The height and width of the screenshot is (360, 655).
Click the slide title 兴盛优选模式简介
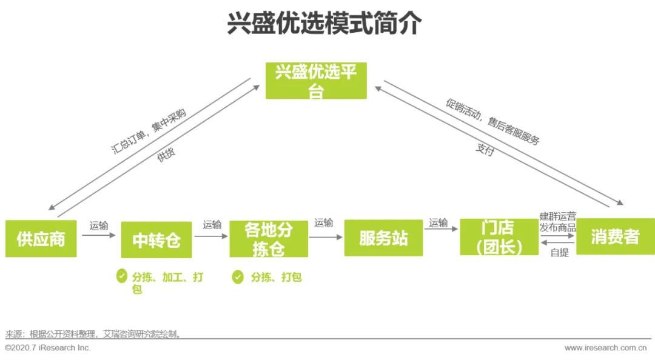(x=324, y=24)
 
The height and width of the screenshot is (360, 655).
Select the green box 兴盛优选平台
(x=316, y=81)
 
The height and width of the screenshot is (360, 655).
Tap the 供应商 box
(x=41, y=238)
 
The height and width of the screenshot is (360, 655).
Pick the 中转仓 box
(x=156, y=240)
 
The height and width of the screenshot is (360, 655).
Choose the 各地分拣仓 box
(x=269, y=238)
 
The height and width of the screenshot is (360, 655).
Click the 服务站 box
(x=383, y=238)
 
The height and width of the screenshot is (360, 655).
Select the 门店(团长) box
(x=499, y=237)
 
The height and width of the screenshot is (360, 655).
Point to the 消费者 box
(x=615, y=236)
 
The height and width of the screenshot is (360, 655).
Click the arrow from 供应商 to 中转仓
(x=99, y=235)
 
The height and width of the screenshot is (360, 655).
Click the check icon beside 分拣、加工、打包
(x=122, y=276)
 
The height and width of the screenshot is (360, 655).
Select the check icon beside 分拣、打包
(x=238, y=277)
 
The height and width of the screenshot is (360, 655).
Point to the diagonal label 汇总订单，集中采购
(x=149, y=132)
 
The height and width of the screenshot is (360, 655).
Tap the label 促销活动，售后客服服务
(x=492, y=122)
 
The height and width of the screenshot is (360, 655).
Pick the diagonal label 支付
(x=485, y=150)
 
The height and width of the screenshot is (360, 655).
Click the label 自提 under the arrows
(x=559, y=253)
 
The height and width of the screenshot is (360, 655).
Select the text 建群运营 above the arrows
(x=557, y=216)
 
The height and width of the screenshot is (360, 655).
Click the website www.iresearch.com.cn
(x=605, y=348)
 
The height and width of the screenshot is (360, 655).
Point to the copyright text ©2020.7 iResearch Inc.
(x=47, y=348)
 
